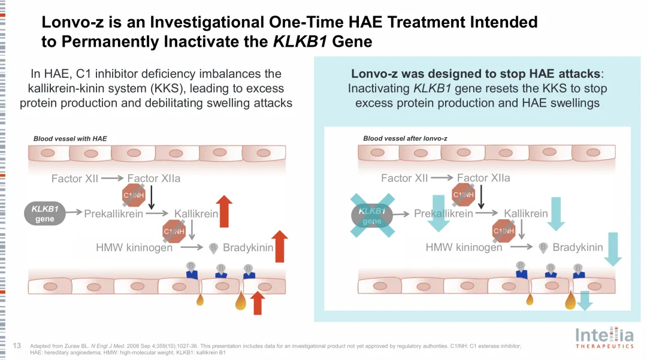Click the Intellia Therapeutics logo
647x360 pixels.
[x=604, y=337]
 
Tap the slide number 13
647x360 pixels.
[x=17, y=346]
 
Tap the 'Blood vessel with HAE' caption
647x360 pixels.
[x=70, y=138]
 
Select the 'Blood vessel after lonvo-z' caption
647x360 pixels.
[x=405, y=138]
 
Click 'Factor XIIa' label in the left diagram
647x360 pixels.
[x=153, y=179]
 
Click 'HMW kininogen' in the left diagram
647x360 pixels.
[x=134, y=247]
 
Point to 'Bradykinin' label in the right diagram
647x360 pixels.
[x=578, y=247]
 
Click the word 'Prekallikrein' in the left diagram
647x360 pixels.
[x=113, y=214]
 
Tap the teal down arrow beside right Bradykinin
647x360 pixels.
[x=613, y=249]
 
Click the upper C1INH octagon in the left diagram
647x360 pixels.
[x=134, y=195]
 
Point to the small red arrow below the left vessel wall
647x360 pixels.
[x=258, y=302]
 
